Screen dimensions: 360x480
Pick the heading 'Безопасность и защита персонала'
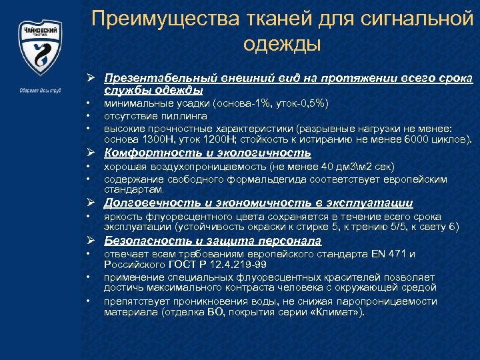[x=203, y=241]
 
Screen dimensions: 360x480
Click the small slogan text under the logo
[x=41, y=91]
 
